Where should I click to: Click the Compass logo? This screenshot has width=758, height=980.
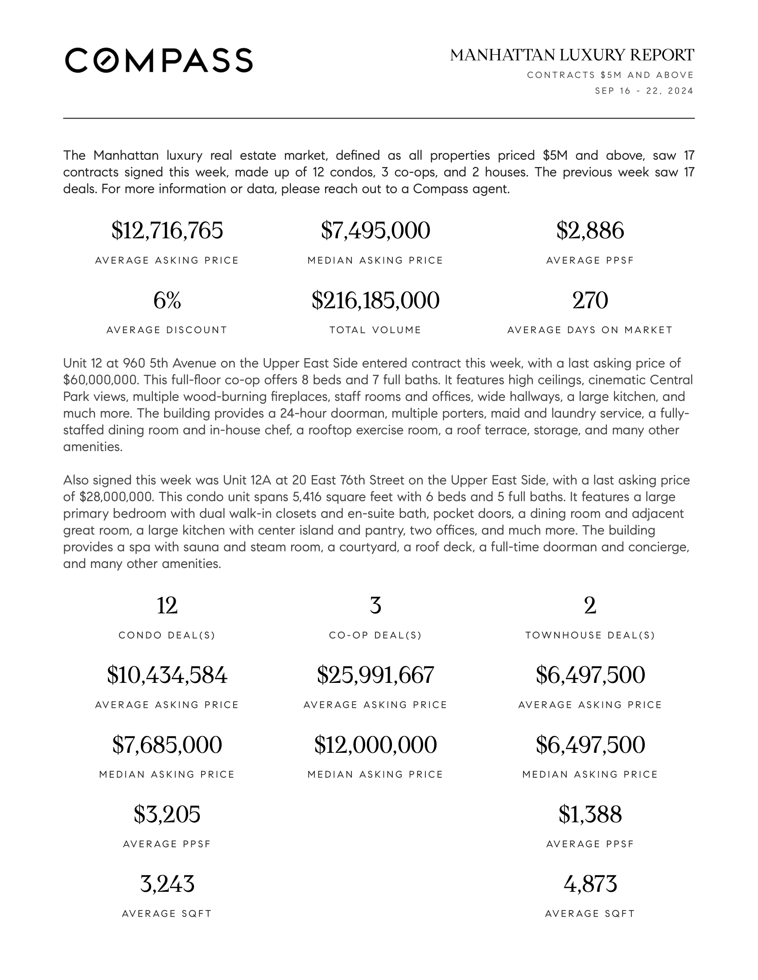coord(159,60)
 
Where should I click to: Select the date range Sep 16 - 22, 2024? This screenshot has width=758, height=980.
coord(644,91)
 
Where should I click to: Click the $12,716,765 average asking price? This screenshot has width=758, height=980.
coord(167,231)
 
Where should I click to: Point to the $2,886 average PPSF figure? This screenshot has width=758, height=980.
coord(589,231)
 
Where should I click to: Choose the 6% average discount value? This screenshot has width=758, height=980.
coord(167,300)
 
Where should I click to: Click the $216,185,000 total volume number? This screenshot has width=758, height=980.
coord(375,300)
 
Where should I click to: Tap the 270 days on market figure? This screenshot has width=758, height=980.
coord(589,300)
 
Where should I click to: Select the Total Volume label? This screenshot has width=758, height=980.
coord(375,330)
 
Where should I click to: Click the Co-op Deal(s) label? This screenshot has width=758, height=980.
coord(375,635)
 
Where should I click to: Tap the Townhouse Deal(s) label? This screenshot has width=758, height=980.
coord(589,635)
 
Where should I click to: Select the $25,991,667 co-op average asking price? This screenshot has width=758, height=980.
coord(375,675)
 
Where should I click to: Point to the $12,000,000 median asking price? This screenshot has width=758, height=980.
coord(375,745)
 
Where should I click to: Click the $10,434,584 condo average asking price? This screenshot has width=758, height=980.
coord(167,675)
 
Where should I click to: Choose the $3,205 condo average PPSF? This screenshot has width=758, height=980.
coord(167,814)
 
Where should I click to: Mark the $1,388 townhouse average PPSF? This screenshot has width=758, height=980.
coord(589,814)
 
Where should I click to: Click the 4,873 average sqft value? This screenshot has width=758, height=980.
coord(589,884)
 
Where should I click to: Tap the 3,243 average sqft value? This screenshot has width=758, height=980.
coord(167,884)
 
